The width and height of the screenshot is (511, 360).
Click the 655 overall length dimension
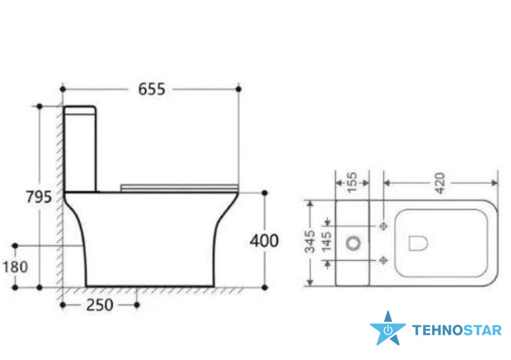point(151,89)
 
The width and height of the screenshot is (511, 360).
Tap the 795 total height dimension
point(39,197)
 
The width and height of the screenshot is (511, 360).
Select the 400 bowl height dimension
point(264,241)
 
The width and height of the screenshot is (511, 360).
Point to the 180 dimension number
point(15,267)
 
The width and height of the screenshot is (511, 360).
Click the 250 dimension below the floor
point(100,305)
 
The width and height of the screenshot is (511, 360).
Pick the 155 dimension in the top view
point(353,183)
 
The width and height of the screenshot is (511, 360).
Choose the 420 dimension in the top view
point(440,183)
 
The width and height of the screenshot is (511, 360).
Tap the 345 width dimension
point(310,242)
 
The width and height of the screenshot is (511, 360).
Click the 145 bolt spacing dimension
point(327,242)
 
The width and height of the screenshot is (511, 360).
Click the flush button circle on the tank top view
point(353,243)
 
